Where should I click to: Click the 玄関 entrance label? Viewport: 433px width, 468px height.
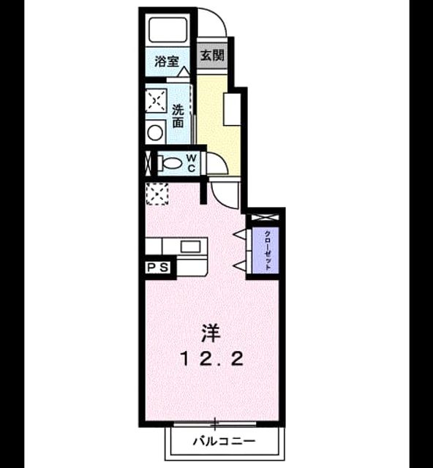212,56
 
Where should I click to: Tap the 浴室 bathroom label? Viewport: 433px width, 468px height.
167,61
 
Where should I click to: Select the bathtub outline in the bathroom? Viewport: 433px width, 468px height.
168,30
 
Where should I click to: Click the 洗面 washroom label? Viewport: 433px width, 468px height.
178,116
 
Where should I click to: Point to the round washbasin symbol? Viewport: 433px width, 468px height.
155,132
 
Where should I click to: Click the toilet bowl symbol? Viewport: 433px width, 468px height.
173,163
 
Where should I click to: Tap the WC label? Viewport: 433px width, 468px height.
192,163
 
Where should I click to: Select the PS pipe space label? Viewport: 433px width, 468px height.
158,268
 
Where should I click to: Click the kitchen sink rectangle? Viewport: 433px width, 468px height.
190,246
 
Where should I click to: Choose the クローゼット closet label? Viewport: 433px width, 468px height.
268,250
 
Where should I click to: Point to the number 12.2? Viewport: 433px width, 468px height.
211,359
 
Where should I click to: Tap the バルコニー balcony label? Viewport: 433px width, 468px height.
224,440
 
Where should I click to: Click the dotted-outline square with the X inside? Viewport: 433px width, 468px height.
157,194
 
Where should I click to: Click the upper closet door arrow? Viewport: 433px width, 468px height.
241,234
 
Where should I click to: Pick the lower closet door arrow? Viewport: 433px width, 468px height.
241,265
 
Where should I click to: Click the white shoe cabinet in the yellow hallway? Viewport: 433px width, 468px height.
233,110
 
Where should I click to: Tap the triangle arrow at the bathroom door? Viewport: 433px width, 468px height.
184,72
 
